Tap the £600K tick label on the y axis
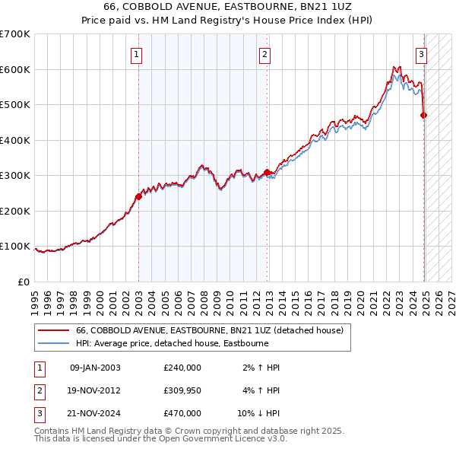point(14,69)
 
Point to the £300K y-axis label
point(14,176)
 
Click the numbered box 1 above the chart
point(135,54)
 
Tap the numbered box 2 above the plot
point(264,54)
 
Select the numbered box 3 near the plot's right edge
point(421,54)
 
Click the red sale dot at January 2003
point(138,196)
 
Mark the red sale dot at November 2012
point(267,172)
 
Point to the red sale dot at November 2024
point(423,115)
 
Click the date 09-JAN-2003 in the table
point(95,368)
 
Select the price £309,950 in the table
point(182,390)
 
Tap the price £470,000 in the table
point(182,413)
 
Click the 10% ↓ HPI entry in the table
point(259,413)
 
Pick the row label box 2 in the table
point(39,390)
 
